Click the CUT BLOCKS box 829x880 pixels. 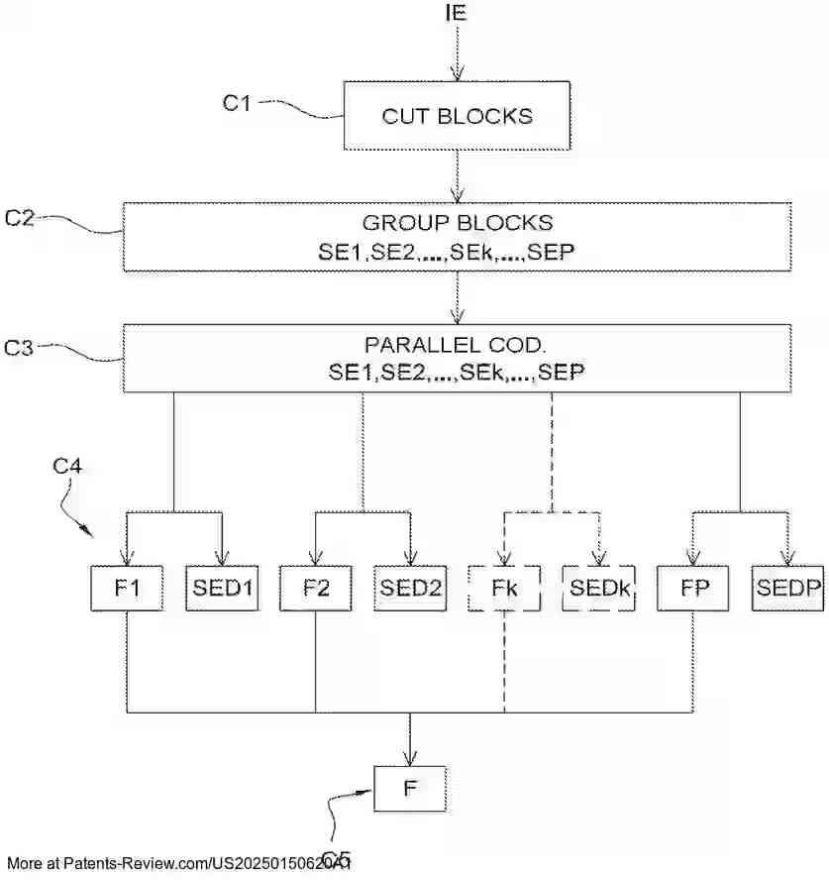457,116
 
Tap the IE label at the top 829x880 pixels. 457,13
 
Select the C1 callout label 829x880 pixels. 236,102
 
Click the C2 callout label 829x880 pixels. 21,218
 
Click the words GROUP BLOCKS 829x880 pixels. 457,222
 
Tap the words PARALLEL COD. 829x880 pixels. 457,346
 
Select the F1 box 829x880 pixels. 127,587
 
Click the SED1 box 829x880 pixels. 222,587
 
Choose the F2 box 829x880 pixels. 315,587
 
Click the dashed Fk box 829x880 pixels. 504,587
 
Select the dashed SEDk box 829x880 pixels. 598,587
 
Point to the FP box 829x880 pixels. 692,587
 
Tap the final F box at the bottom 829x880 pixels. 409,790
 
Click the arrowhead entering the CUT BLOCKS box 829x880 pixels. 457,72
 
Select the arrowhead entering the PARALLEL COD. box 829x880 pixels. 457,316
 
